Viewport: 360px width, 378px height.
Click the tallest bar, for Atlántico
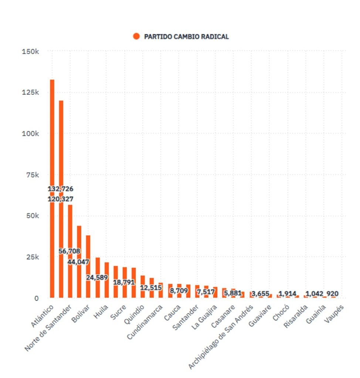pos(52,148)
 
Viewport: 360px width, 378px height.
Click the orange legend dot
pos(136,36)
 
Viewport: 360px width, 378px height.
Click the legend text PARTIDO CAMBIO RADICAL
pos(186,37)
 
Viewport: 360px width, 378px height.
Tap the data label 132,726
pos(61,189)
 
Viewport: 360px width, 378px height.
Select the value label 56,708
pos(69,251)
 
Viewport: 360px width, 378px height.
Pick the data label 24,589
pos(97,277)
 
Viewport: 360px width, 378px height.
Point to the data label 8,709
pos(179,291)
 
